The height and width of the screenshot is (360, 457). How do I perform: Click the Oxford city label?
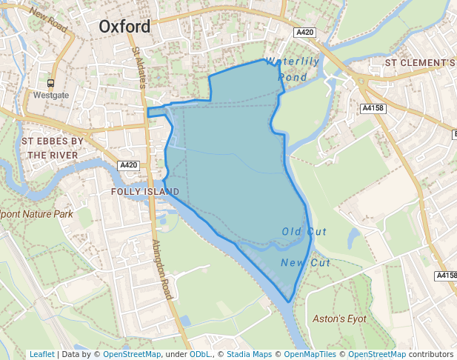click(x=124, y=27)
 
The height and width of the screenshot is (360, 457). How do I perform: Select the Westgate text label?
click(x=51, y=96)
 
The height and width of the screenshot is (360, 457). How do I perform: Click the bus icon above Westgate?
click(x=51, y=84)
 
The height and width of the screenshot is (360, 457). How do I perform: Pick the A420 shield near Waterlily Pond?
click(x=304, y=33)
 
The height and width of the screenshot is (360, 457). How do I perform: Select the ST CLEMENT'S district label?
click(x=420, y=63)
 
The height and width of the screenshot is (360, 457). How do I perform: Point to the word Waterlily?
click(x=293, y=62)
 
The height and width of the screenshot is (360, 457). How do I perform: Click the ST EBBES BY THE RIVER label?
click(x=52, y=148)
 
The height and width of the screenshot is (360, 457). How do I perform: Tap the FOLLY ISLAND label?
click(x=145, y=191)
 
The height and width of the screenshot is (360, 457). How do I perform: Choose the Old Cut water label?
click(x=304, y=232)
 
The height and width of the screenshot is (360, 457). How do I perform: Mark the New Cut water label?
click(x=305, y=263)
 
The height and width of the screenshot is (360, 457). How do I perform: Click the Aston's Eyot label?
click(x=340, y=319)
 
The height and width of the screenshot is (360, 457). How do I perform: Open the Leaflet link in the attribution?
click(x=41, y=354)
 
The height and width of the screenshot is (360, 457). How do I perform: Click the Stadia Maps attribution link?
click(x=249, y=354)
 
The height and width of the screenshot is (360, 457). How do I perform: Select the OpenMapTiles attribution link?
click(x=310, y=354)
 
